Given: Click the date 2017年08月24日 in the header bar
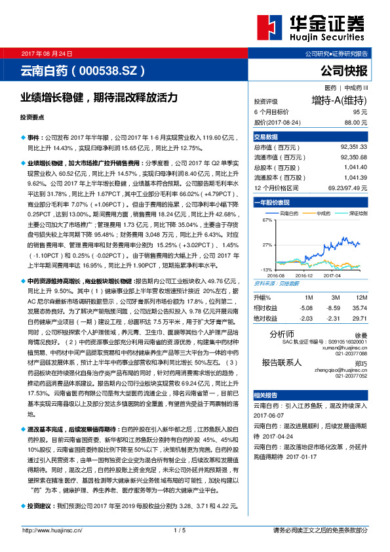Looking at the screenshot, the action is (47, 53).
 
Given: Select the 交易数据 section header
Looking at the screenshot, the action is (265, 137).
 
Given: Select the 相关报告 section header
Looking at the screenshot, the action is (265, 396).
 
